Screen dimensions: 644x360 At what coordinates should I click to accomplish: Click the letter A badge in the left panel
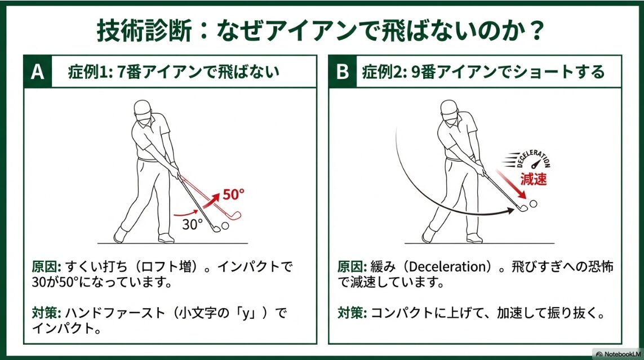pyautogui.click(x=38, y=72)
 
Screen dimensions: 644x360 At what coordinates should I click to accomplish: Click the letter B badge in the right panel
pyautogui.click(x=343, y=72)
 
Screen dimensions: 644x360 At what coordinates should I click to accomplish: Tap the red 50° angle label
pyautogui.click(x=233, y=194)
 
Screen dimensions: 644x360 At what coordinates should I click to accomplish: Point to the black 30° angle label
pyautogui.click(x=193, y=224)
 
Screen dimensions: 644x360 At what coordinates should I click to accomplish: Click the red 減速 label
pyautogui.click(x=534, y=179)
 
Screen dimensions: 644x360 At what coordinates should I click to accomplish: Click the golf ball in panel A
pyautogui.click(x=225, y=226)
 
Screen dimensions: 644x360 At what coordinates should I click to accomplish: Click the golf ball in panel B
pyautogui.click(x=533, y=203)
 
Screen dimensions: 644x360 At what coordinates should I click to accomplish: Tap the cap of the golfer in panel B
pyautogui.click(x=449, y=107)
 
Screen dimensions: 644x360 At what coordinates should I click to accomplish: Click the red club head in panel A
pyautogui.click(x=234, y=216)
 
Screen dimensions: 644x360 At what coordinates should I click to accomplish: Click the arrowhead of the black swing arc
pyautogui.click(x=510, y=211)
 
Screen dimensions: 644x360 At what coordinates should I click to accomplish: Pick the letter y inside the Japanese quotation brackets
pyautogui.click(x=246, y=314)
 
